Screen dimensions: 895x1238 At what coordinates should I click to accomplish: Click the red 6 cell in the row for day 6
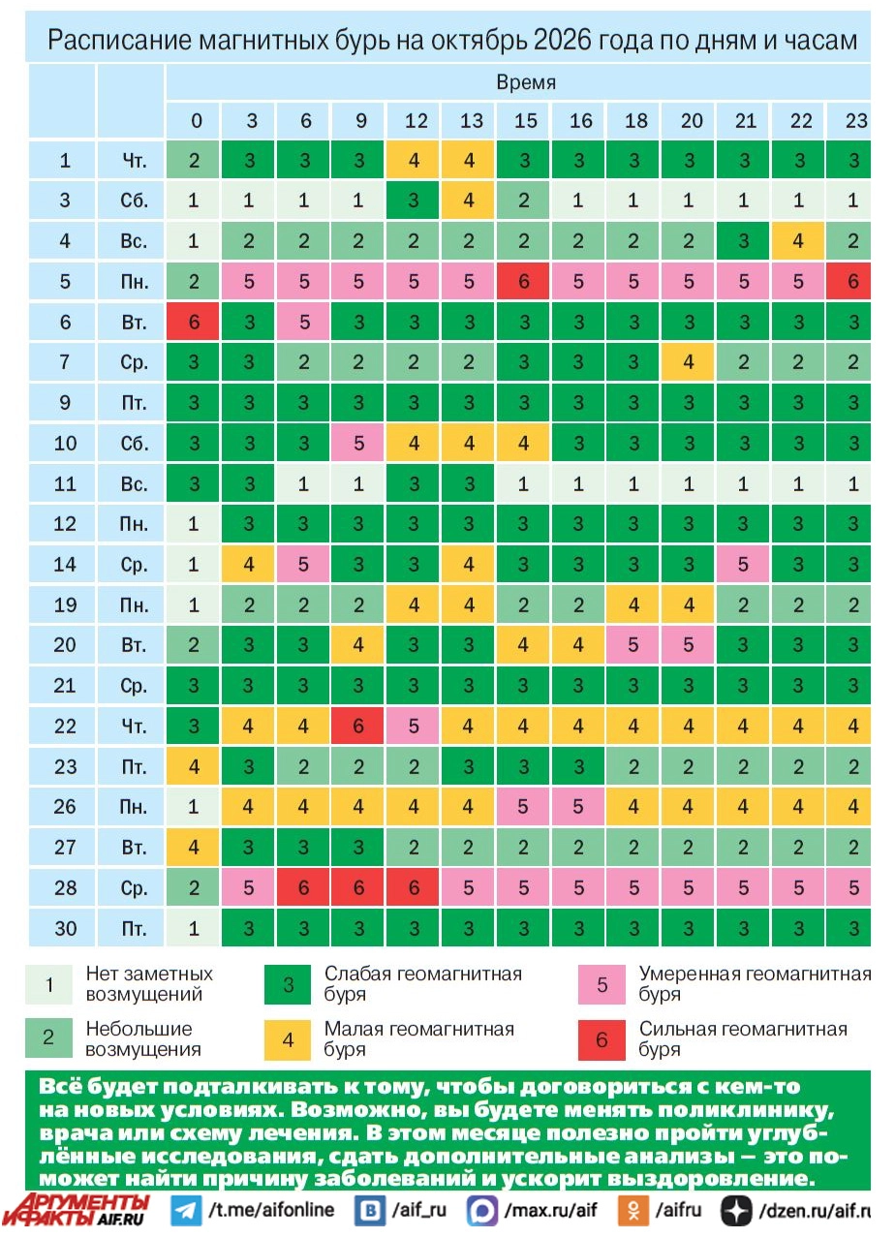[x=193, y=321]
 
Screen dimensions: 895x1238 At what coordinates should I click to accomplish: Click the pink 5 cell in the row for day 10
[x=357, y=443]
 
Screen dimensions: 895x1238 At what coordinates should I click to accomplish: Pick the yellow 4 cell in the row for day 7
[x=688, y=362]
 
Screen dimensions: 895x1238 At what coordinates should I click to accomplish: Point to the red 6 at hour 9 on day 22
[x=357, y=726]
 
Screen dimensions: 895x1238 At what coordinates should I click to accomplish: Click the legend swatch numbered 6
[x=602, y=1040]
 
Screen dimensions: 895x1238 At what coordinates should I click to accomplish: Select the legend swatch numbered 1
[x=48, y=984]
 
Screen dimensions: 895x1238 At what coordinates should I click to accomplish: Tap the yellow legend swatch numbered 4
[x=288, y=1040]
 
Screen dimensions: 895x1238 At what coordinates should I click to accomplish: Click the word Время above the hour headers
[x=525, y=82]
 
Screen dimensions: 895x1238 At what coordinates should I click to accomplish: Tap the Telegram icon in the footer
[x=186, y=1210]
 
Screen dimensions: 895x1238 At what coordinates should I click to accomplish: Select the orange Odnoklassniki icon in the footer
[x=633, y=1210]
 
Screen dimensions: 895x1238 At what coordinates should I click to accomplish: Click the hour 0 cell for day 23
[x=193, y=766]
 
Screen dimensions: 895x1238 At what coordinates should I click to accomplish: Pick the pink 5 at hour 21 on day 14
[x=743, y=564]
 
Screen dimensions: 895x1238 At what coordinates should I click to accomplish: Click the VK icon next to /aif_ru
[x=370, y=1210]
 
